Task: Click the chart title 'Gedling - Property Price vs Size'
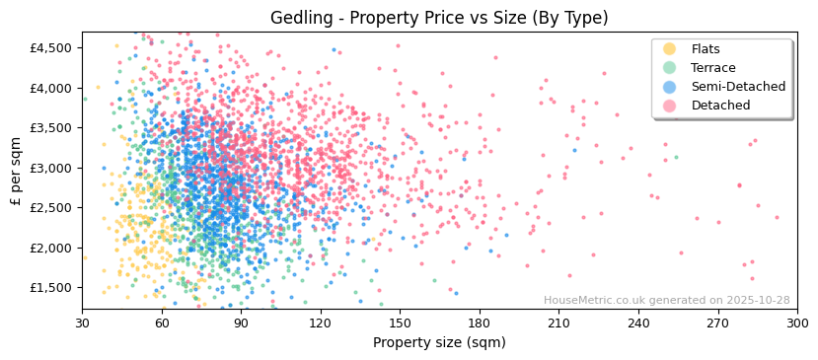(439, 18)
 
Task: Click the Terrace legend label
(713, 68)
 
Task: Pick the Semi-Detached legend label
(738, 87)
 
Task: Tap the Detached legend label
(720, 106)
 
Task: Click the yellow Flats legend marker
(670, 49)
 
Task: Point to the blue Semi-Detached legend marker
(670, 87)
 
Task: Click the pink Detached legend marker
(670, 106)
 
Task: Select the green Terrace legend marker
(670, 68)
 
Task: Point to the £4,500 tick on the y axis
(50, 47)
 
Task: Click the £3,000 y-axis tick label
(50, 168)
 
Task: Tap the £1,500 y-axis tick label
(50, 288)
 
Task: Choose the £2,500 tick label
(50, 208)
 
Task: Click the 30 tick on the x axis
(82, 323)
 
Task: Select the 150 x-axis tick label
(400, 323)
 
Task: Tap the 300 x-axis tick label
(796, 323)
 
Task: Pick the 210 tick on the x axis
(558, 323)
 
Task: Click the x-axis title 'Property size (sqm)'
(439, 342)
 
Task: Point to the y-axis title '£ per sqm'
(16, 172)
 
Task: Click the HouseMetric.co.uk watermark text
(666, 301)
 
